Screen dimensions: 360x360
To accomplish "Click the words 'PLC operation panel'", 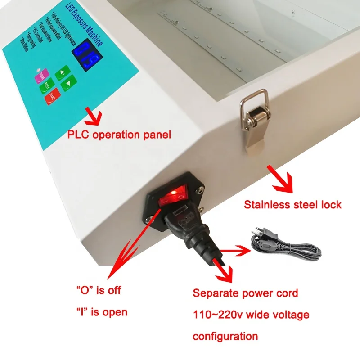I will (119, 135).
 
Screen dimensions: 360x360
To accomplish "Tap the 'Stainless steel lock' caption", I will (292, 205).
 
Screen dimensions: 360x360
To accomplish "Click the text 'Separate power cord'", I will (245, 293).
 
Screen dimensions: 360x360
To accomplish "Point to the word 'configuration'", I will (225, 336).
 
